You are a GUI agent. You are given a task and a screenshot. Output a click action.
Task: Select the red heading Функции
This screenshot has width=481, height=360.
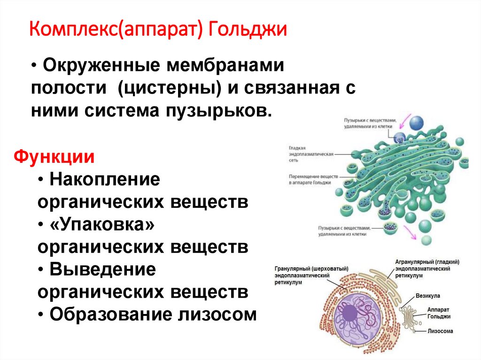click(54, 156)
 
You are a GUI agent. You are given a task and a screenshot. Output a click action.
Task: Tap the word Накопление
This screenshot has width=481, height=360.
click(105, 179)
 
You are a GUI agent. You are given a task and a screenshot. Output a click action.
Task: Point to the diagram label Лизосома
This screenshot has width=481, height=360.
click(440, 331)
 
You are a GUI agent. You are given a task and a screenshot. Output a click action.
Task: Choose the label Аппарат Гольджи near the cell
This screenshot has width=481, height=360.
click(439, 314)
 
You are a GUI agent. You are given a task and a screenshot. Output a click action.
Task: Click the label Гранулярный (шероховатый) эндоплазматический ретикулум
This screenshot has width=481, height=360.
click(311, 276)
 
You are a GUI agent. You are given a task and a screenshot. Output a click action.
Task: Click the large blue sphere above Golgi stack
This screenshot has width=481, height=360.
click(416, 123)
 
